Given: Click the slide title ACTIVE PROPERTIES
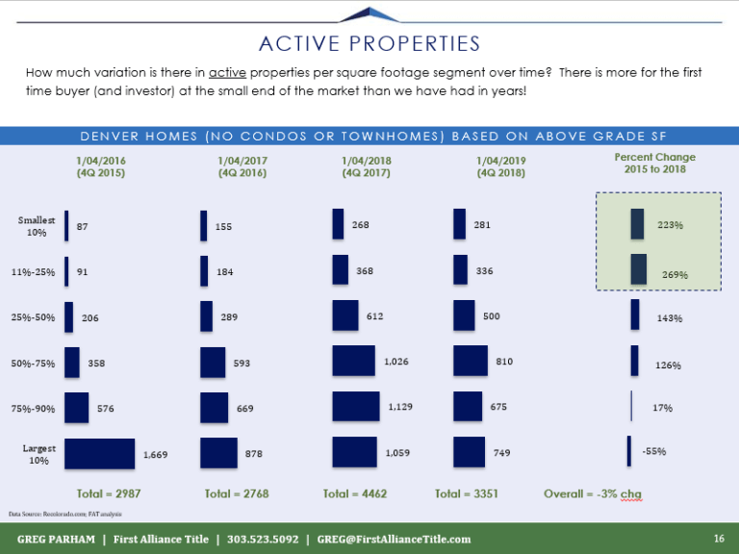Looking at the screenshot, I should [369, 43].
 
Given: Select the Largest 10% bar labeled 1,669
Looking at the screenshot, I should [99, 453].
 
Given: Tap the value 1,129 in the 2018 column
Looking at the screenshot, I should [400, 407].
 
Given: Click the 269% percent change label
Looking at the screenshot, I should [675, 274].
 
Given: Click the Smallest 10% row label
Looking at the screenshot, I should [37, 226].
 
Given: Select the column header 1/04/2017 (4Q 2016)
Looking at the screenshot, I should [242, 166].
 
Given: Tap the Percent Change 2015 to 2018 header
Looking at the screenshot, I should [654, 163].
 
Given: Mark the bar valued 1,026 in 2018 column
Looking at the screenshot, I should [353, 361].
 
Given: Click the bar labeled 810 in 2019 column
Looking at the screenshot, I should [471, 361].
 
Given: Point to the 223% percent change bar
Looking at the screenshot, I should [637, 223].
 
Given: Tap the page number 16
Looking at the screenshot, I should [718, 538].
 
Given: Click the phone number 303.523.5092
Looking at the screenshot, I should [263, 539].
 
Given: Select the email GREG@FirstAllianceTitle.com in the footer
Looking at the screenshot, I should [394, 539].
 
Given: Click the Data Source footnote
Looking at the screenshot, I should [58, 515].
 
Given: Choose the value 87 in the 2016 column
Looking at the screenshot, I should [83, 226].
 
